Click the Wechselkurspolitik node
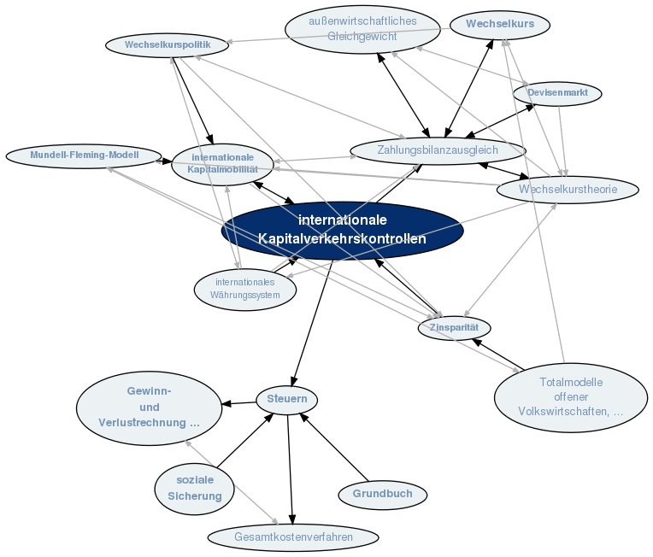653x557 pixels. pos(168,44)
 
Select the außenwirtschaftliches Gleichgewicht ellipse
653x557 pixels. pos(362,28)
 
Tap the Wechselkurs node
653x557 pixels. pos(499,25)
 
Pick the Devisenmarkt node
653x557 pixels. pos(557,92)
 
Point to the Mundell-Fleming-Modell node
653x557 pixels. pos(84,155)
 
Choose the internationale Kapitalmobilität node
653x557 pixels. pos(222,163)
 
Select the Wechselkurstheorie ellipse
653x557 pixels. pos(567,189)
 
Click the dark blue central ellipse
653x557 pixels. pos(342,231)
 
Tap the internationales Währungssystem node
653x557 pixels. pos(245,289)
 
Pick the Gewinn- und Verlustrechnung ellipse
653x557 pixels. pos(149,407)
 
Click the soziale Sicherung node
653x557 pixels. pos(195,488)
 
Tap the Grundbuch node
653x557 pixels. pos(382,494)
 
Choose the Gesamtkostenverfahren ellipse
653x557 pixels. pos(293,537)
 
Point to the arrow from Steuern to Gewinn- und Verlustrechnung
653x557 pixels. pos(240,402)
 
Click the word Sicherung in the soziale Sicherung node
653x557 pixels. pos(195,496)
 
